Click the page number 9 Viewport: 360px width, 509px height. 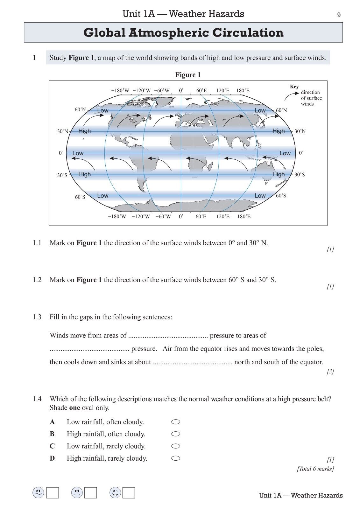click(x=339, y=15)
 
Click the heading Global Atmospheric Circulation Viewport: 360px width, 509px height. click(x=183, y=33)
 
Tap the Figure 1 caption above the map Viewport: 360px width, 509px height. click(x=188, y=75)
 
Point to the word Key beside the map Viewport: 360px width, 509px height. click(x=294, y=87)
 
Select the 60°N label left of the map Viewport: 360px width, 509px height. click(x=80, y=110)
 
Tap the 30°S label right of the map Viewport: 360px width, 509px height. click(x=300, y=175)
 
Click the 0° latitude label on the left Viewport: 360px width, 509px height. click(x=61, y=153)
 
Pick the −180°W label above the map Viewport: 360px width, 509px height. click(x=120, y=91)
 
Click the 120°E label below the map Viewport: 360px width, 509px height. click(x=223, y=217)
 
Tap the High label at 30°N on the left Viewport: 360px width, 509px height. click(x=84, y=131)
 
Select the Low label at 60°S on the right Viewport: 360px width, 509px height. click(x=260, y=196)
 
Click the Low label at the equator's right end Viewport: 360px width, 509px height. click(x=285, y=153)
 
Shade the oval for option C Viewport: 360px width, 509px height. click(x=176, y=446)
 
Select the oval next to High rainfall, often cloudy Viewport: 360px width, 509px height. click(x=176, y=434)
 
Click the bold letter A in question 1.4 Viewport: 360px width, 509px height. click(x=52, y=422)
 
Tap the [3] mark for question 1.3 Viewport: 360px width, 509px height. click(x=330, y=371)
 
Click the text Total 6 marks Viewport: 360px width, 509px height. click(x=315, y=469)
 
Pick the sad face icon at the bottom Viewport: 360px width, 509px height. click(x=38, y=493)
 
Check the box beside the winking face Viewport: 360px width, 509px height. click(x=129, y=493)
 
